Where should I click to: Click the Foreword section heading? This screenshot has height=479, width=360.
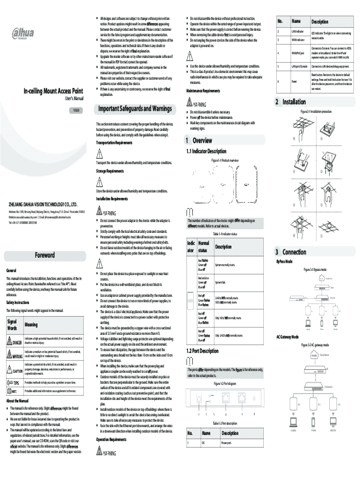[45, 255]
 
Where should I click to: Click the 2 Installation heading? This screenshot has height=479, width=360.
[290, 102]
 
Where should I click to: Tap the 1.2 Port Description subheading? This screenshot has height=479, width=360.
[202, 351]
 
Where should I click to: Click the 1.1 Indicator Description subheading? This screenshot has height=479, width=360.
[207, 151]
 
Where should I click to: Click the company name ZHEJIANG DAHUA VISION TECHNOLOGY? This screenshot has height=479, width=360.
[43, 204]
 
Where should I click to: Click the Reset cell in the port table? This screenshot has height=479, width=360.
[295, 81]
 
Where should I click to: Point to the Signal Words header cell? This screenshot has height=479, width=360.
[14, 325]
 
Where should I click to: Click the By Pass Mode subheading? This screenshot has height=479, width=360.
[284, 261]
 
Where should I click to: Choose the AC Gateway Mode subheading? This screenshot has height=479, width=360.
[288, 336]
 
